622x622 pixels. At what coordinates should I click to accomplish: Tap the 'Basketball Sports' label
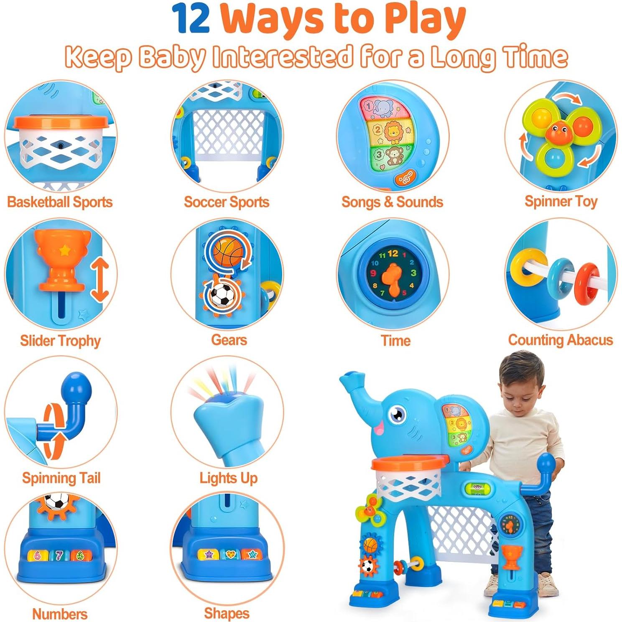60,202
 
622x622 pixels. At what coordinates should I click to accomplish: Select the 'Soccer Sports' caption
226,202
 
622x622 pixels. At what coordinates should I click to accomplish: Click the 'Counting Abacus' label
560,340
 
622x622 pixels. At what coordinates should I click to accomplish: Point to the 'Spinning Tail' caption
61,478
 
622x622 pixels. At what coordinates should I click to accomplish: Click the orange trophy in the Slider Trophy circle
63,261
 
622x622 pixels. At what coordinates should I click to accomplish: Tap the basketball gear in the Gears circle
228,253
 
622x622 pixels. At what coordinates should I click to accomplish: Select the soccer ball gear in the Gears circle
222,294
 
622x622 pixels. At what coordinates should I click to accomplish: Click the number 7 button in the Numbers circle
59,556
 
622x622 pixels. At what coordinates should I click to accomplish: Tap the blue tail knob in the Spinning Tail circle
76,387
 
